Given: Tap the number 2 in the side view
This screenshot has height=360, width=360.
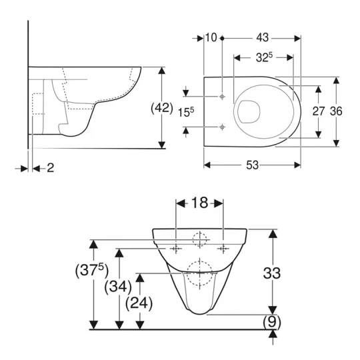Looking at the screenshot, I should point(50,167).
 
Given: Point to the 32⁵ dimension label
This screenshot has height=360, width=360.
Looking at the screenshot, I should point(263,58).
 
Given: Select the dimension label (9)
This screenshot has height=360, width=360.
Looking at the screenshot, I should point(271,321).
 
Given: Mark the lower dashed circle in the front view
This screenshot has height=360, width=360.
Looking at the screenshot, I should point(199,269).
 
